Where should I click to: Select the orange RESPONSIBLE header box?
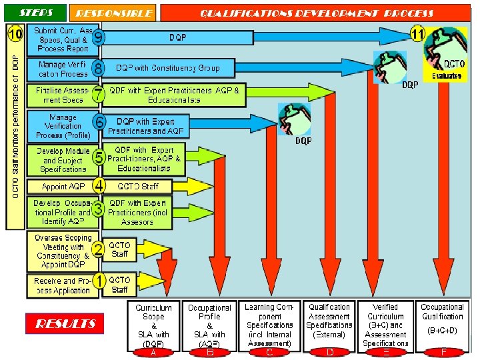point(114,13)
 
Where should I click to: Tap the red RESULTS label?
point(65,324)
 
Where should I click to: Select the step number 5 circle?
point(98,158)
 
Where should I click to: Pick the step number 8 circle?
point(98,68)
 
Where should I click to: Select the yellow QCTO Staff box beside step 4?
point(138,186)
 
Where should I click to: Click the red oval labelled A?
point(153,352)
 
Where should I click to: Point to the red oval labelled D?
point(329,352)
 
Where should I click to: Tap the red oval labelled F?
point(443,352)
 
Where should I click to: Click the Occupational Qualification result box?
point(443,323)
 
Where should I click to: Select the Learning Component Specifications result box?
point(269,325)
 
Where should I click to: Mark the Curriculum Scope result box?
point(153,325)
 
